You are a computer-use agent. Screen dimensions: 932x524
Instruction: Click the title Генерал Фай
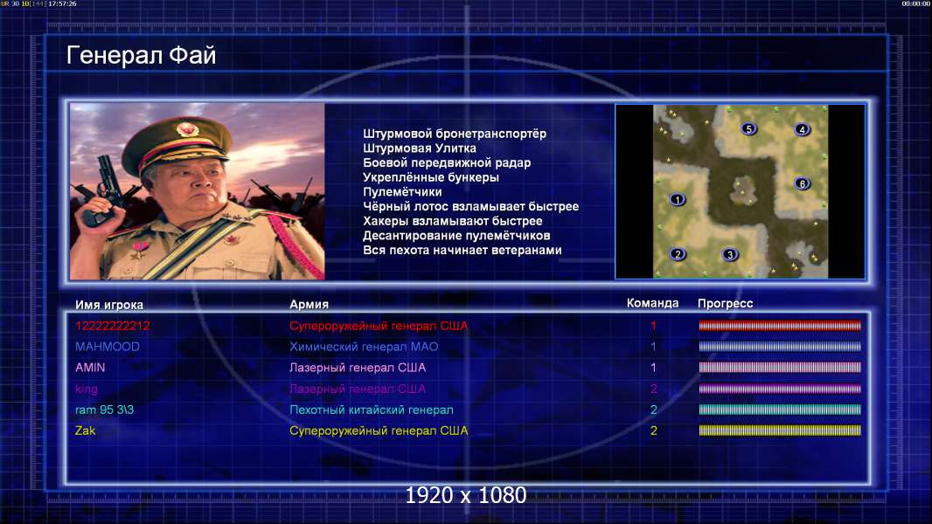pos(141,55)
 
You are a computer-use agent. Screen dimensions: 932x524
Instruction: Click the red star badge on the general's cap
pos(186,128)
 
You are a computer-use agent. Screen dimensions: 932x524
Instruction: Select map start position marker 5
pos(749,128)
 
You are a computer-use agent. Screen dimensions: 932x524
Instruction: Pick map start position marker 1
pos(677,199)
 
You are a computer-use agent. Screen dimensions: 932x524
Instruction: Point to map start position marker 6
pos(803,183)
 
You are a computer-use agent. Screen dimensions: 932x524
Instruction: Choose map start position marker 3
pos(730,255)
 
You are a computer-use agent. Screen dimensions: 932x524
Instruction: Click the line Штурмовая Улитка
pos(420,148)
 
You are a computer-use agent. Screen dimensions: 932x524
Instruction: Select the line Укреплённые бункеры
pos(431,177)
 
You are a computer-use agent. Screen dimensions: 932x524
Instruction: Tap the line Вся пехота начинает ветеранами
pos(463,250)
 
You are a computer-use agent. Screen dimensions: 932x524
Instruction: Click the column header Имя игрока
pos(108,305)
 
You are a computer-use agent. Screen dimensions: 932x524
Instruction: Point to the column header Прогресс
pos(725,303)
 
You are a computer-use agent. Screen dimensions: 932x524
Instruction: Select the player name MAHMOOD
pos(108,347)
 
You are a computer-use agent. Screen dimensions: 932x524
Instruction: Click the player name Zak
pos(85,431)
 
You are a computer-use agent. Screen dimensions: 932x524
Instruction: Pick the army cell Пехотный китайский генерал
pos(372,410)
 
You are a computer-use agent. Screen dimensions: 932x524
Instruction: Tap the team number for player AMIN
pos(653,368)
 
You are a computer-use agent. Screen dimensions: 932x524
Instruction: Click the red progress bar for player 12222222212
pos(780,326)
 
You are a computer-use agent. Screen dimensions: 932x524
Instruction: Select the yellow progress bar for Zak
pos(780,431)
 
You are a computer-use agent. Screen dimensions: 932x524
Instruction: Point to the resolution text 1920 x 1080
pos(465,495)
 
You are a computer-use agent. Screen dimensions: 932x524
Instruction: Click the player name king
pos(87,390)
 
